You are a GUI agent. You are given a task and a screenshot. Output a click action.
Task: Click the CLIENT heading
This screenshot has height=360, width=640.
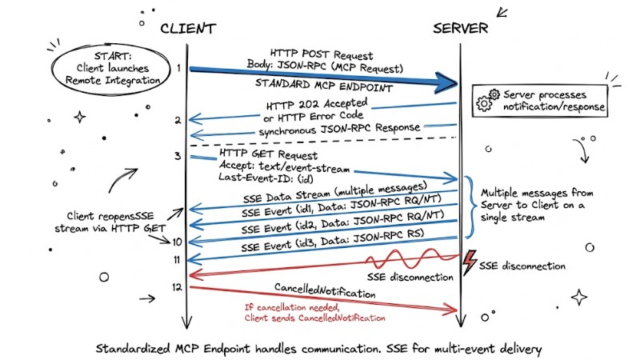188,29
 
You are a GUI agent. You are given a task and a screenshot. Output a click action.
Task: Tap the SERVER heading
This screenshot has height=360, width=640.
460,29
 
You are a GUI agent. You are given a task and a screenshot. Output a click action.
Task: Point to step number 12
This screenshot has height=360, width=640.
177,286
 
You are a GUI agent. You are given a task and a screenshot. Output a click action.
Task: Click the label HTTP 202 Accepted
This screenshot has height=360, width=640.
320,104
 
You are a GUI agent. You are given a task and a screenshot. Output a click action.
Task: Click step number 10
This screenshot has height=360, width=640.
177,240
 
